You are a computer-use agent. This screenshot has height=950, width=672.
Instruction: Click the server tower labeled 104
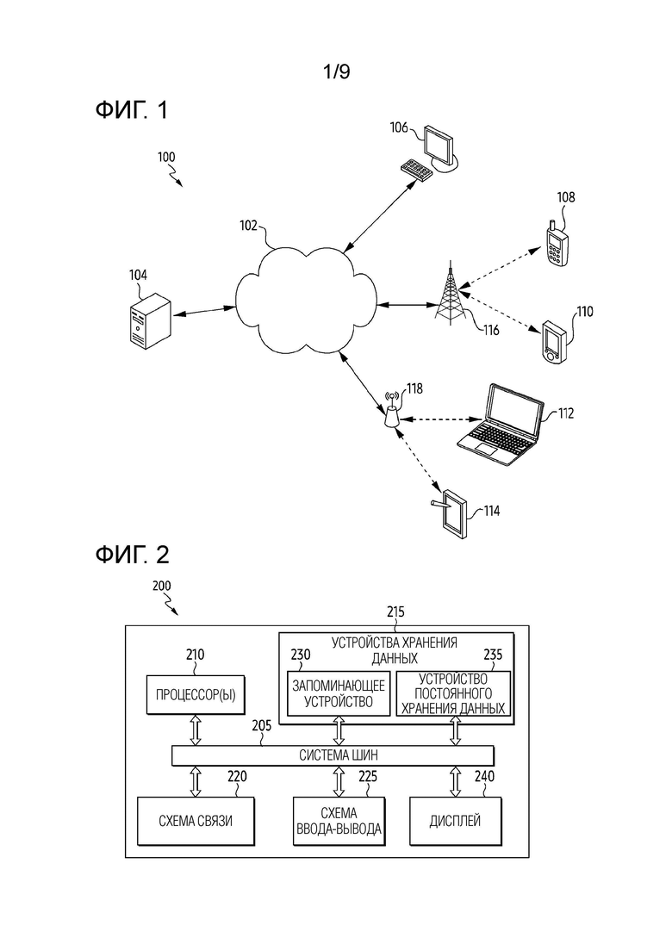point(149,320)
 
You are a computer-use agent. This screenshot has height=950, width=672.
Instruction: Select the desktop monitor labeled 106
point(440,148)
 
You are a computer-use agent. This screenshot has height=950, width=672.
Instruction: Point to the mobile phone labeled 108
point(557,243)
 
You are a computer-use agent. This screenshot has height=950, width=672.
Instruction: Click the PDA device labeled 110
point(554,342)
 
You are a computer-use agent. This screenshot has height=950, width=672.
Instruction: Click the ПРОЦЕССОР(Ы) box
point(196,694)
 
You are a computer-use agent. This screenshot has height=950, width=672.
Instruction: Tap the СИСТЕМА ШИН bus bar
point(333,755)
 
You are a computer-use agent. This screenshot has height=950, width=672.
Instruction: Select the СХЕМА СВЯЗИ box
point(196,821)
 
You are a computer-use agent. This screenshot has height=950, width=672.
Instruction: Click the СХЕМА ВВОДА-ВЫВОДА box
point(339,821)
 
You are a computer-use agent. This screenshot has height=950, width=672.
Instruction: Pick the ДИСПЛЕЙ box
point(456,821)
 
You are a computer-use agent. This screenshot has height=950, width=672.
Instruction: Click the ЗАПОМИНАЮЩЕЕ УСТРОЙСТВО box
point(338,693)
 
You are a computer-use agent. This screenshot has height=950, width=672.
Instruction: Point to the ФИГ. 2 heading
point(132,555)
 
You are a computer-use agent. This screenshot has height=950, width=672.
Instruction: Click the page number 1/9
point(336,72)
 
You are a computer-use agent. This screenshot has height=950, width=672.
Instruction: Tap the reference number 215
point(395,612)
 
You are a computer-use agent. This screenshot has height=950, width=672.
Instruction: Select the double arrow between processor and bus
point(196,730)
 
